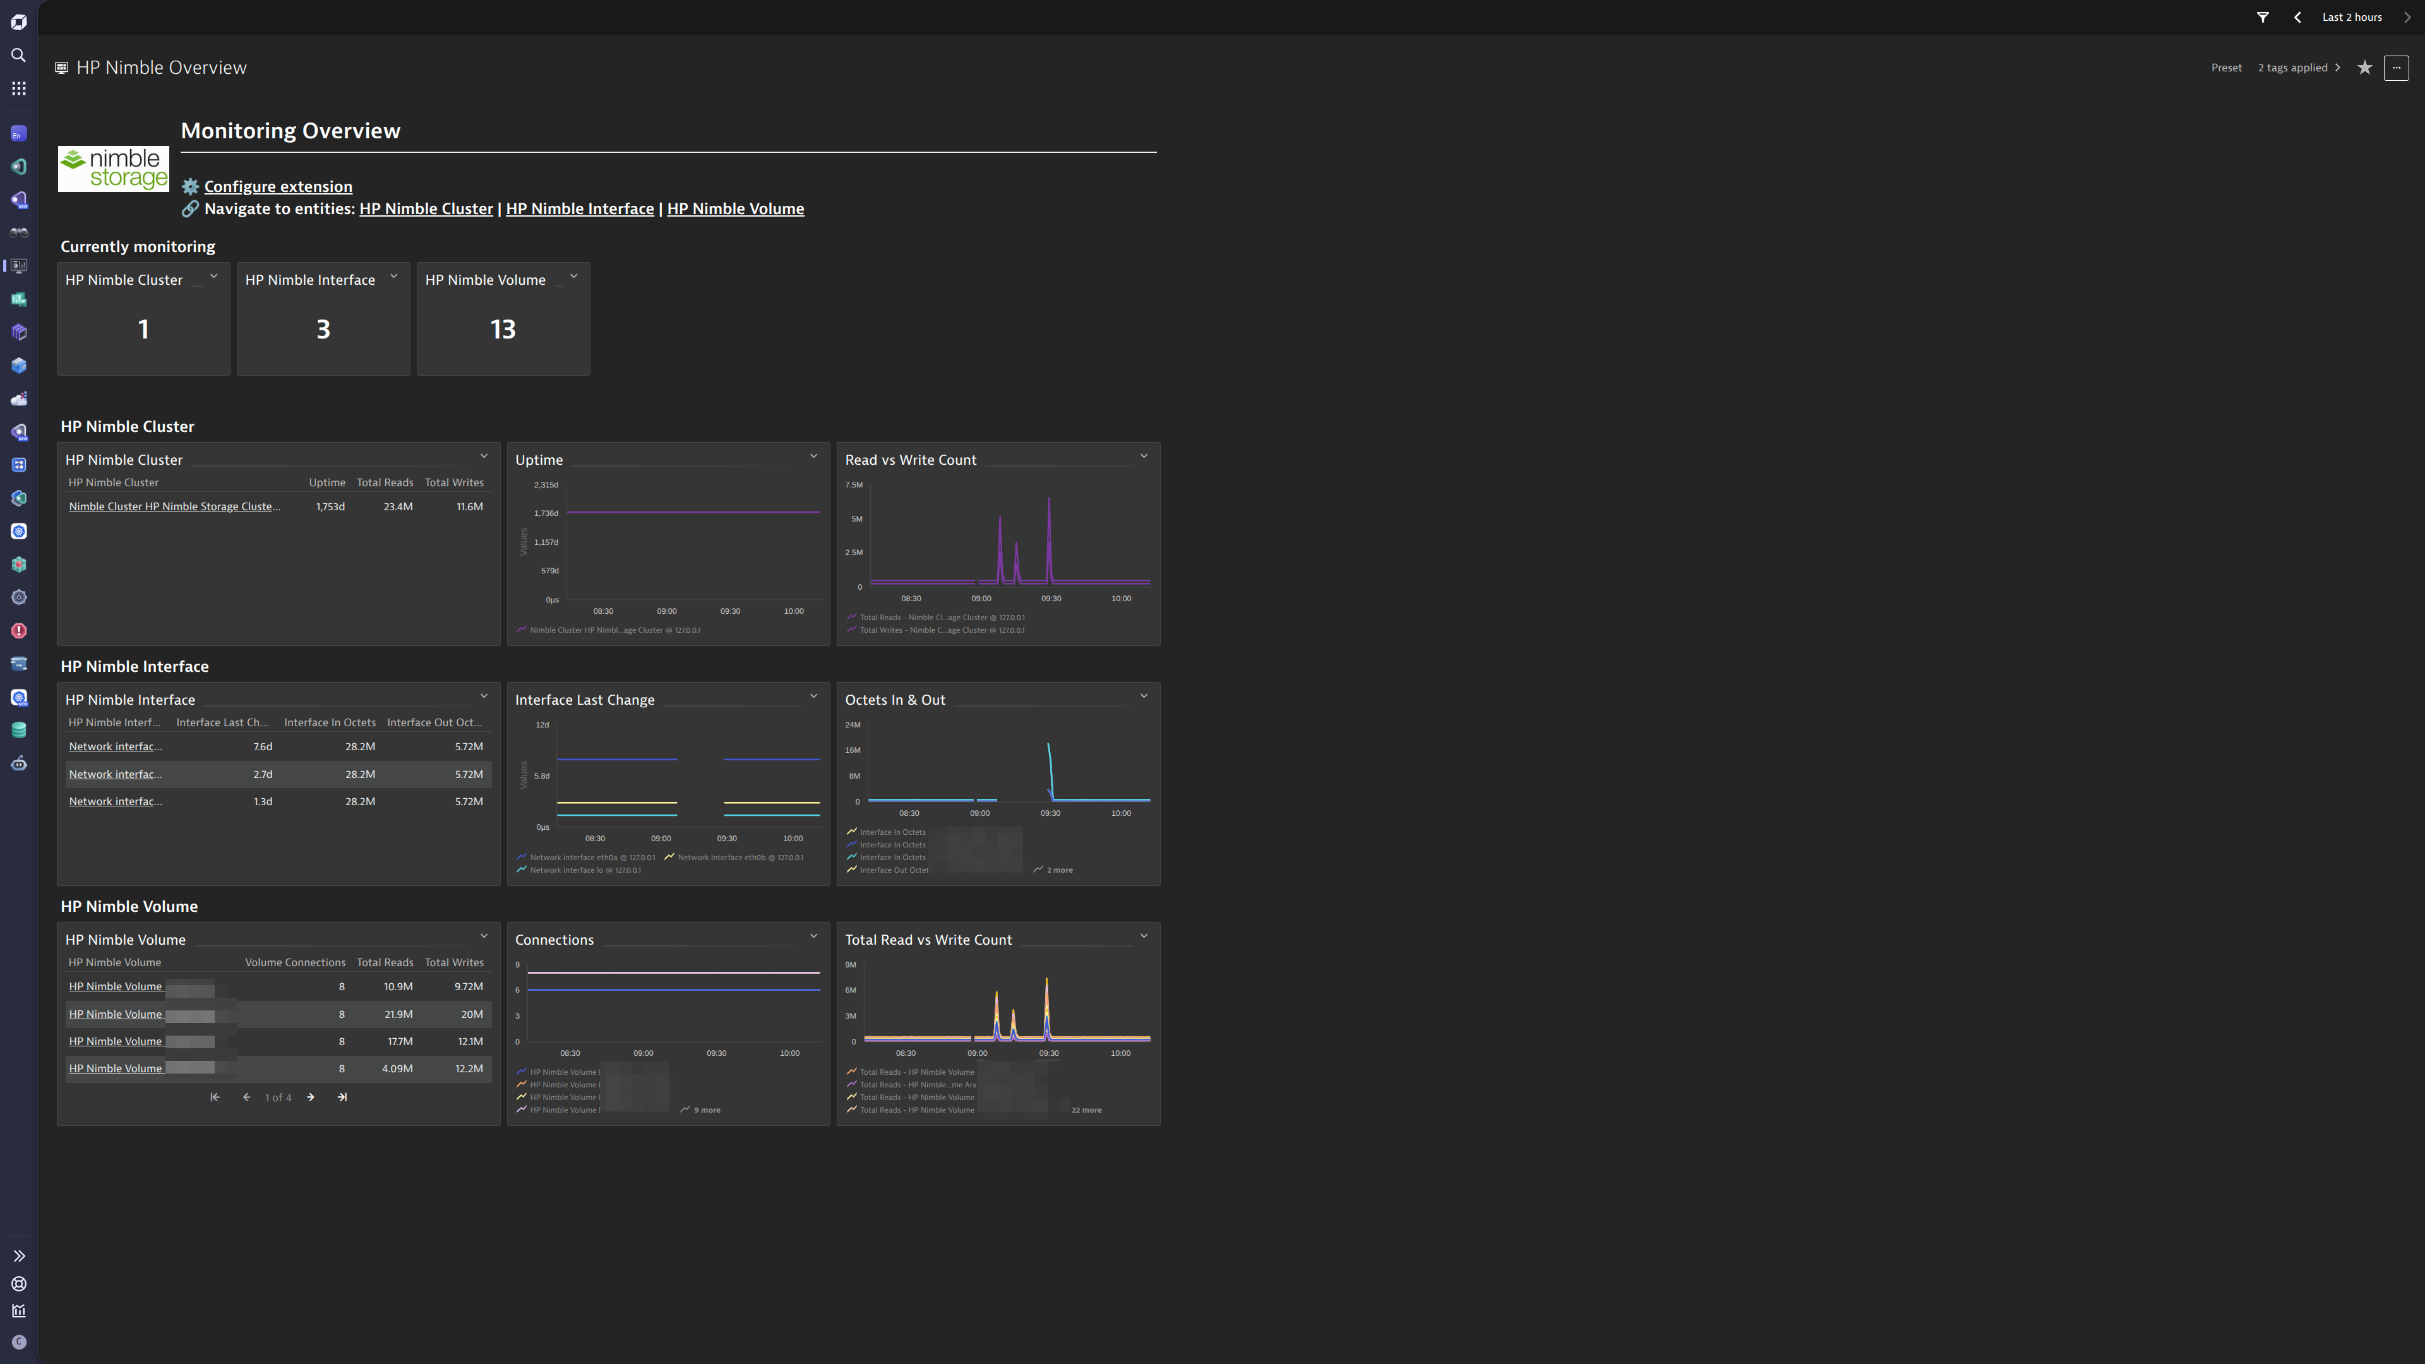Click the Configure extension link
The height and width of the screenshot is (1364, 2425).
[278, 186]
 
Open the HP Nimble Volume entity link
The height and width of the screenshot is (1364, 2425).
[735, 209]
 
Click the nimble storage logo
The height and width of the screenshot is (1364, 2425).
[114, 169]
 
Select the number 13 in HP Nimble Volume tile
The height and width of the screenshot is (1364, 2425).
[503, 330]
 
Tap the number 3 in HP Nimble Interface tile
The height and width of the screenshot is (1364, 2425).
[323, 330]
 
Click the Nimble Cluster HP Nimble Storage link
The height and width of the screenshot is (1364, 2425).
[174, 506]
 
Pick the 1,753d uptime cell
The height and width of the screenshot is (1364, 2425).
[330, 506]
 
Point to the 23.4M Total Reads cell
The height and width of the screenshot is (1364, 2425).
[398, 506]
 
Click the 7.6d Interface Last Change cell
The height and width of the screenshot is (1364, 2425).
[263, 746]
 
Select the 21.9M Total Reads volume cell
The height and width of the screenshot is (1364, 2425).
[398, 1014]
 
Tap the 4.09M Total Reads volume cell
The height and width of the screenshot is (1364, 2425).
[397, 1068]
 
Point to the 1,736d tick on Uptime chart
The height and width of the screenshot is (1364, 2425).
[546, 513]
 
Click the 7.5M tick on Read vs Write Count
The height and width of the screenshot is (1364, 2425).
[854, 485]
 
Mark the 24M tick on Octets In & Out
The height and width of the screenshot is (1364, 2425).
[853, 725]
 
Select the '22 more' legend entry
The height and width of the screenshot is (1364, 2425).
[1086, 1110]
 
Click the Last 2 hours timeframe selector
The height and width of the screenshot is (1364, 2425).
[2352, 17]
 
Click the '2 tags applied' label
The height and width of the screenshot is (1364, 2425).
[2292, 68]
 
